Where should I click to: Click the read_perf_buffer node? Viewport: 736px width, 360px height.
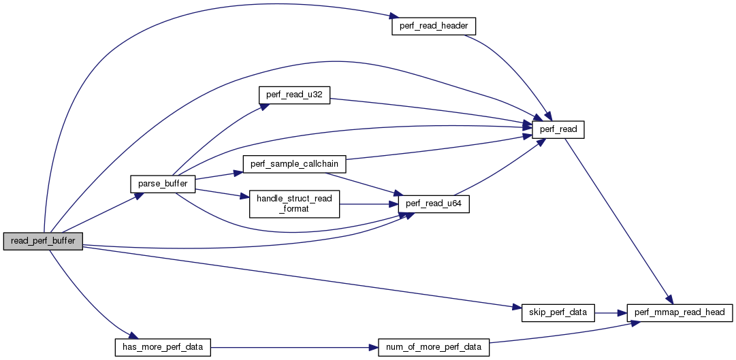(x=43, y=242)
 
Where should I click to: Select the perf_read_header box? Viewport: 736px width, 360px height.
(x=433, y=26)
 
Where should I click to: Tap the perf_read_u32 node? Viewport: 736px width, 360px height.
(x=294, y=95)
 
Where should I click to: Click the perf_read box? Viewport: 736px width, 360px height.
(x=562, y=128)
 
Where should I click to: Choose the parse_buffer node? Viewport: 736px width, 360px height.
(x=163, y=184)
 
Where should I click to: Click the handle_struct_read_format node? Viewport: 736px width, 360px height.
(x=294, y=204)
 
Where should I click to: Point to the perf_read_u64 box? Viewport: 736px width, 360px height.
(x=438, y=204)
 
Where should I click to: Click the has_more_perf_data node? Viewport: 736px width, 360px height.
(x=162, y=347)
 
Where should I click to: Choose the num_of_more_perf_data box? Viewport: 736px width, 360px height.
(x=434, y=347)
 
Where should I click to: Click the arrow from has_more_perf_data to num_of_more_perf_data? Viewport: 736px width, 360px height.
(x=293, y=347)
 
